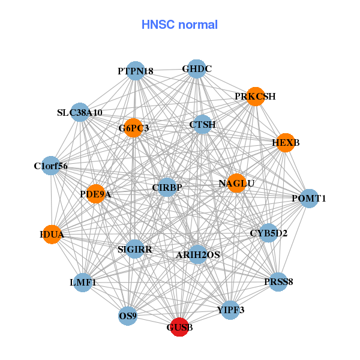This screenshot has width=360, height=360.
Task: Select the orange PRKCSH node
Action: click(x=256, y=97)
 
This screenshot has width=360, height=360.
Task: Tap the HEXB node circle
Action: click(x=285, y=142)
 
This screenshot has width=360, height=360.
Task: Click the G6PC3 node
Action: click(x=133, y=128)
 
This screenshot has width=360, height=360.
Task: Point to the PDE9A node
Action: click(x=96, y=194)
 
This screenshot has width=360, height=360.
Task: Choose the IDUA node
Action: click(x=53, y=234)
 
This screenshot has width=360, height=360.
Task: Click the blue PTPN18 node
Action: click(x=136, y=71)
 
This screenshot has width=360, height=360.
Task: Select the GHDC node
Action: click(x=197, y=69)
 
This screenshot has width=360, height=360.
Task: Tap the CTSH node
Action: click(x=203, y=125)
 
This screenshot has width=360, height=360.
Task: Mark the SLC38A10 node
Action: click(x=80, y=112)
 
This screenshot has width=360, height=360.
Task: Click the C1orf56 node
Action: click(x=51, y=166)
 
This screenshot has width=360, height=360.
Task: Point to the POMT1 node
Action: click(x=308, y=198)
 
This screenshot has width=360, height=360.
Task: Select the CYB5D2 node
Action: click(x=268, y=233)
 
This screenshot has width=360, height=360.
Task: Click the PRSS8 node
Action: click(x=278, y=281)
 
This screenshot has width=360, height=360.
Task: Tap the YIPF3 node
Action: click(x=230, y=310)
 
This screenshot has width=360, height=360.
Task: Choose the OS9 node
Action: click(x=128, y=315)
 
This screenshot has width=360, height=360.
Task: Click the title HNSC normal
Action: click(x=179, y=25)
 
